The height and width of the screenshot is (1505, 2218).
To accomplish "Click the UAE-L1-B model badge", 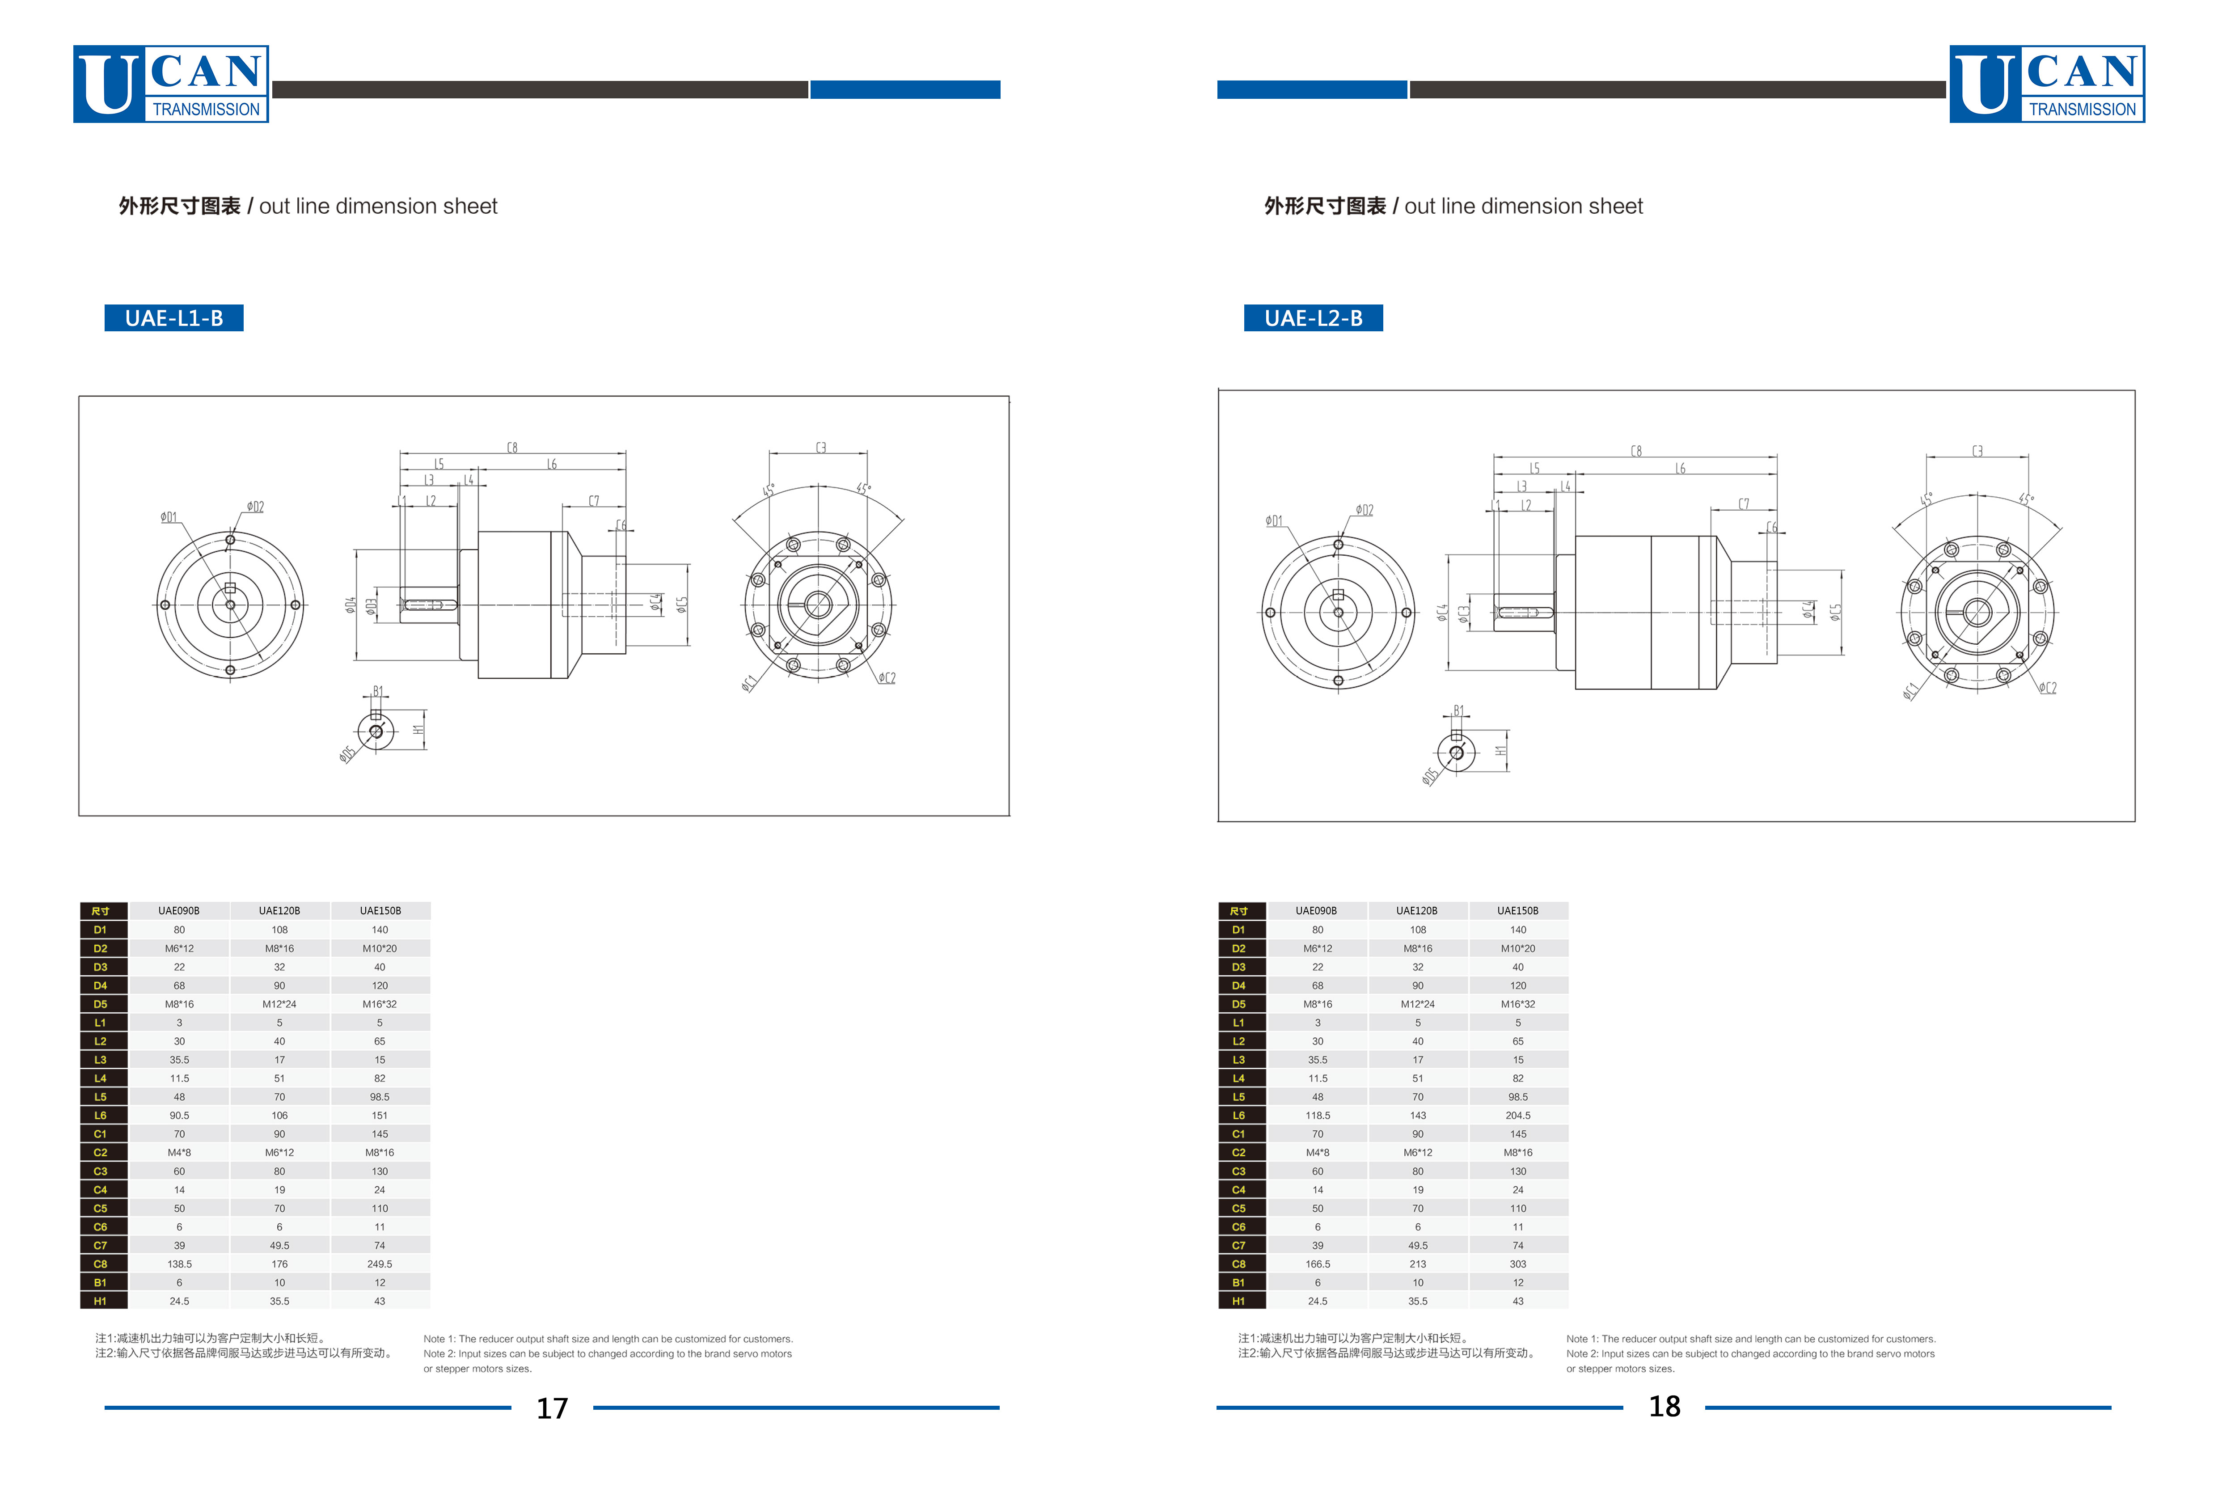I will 174,318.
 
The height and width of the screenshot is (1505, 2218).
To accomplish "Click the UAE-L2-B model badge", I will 1313,318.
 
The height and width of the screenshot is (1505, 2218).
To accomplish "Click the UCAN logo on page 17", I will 171,84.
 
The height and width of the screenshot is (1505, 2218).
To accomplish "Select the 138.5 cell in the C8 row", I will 179,1264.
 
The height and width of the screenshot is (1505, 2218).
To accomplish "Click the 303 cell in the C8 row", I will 1517,1264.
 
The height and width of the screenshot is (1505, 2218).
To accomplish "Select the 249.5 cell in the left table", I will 380,1264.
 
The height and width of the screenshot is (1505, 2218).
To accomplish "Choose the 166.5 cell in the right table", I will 1318,1264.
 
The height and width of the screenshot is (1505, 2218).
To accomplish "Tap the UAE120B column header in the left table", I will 279,910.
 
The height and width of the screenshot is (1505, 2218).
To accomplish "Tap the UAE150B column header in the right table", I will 1517,910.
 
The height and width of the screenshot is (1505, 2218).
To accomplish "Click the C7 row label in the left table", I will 100,1245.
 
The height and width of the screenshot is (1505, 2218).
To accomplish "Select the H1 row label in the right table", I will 1239,1301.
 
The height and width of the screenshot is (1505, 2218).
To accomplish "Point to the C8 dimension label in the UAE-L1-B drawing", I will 512,448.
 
